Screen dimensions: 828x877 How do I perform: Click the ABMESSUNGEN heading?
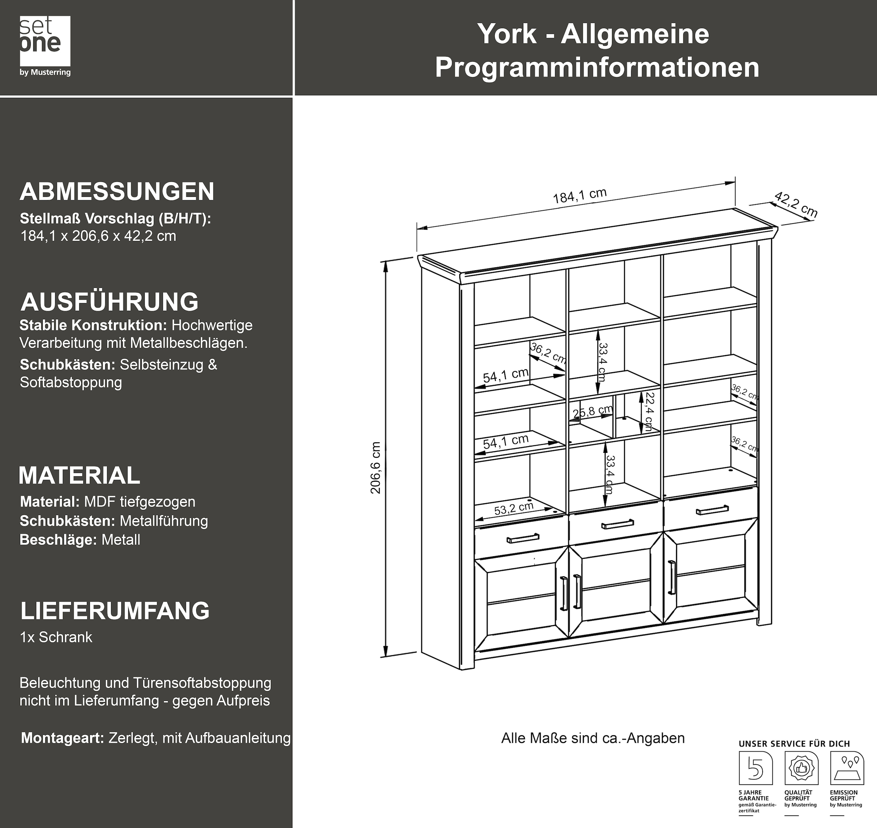[117, 191]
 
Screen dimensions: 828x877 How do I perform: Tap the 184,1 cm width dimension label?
[580, 195]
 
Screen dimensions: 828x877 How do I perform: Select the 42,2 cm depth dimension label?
[795, 205]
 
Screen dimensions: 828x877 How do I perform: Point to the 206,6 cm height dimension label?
[376, 468]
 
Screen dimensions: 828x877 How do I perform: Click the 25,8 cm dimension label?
[592, 411]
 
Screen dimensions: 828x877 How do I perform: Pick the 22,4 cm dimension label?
[649, 411]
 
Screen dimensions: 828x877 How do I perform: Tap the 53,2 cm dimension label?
[513, 509]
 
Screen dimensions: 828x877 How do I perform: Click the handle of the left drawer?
[523, 538]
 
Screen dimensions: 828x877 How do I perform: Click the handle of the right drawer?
[712, 510]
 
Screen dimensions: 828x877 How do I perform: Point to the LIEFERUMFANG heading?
[115, 611]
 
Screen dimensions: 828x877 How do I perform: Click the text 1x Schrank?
[56, 637]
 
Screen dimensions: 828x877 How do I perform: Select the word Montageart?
[62, 738]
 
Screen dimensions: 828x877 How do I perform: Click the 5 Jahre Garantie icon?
[756, 768]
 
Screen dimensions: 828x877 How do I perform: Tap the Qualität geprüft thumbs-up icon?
[801, 768]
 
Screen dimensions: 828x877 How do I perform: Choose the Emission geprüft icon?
[847, 768]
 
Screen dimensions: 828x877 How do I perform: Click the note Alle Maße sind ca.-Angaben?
[593, 738]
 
